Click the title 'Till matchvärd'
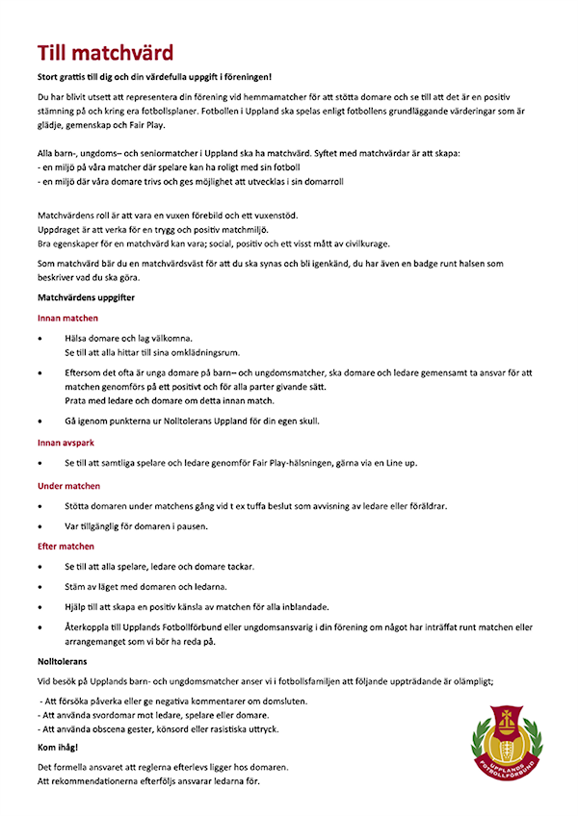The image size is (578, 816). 105,52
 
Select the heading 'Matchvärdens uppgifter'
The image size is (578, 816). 86,298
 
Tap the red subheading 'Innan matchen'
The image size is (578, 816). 67,319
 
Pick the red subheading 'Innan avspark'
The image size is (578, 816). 67,444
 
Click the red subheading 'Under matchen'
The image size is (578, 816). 68,486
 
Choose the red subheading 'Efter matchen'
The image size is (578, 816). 66,547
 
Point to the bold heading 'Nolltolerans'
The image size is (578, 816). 62,662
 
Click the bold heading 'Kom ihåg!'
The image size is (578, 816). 59,746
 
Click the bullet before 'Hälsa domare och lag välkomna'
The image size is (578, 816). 39,340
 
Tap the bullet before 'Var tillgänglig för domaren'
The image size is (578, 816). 39,526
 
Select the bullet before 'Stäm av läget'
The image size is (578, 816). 39,587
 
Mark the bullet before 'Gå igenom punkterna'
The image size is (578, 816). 39,421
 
